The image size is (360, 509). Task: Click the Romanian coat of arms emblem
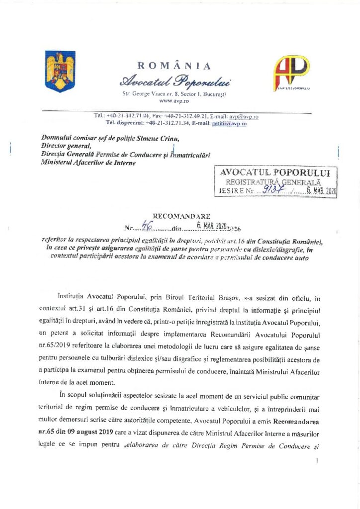click(x=60, y=71)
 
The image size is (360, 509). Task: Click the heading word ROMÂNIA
click(x=174, y=66)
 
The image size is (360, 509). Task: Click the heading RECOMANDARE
click(x=181, y=217)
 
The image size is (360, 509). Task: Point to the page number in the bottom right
click(x=316, y=461)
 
